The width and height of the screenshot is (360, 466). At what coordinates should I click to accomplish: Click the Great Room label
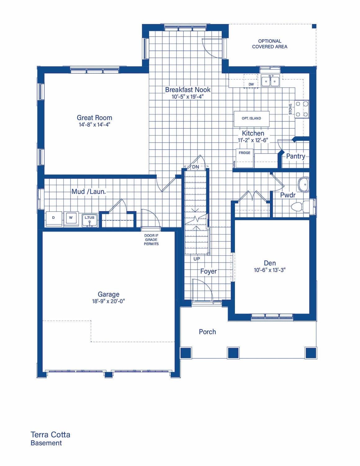pos(94,117)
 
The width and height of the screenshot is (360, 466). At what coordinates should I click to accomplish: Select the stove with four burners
pos(302,109)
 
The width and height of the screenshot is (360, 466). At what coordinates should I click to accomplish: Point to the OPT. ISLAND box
pos(251,119)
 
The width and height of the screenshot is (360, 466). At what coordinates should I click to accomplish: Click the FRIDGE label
pos(244,153)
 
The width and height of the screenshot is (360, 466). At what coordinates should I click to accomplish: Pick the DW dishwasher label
pos(251,84)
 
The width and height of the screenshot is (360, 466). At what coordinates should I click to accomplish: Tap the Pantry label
pos(295,156)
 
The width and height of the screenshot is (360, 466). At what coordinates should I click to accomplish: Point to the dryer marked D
pos(54,219)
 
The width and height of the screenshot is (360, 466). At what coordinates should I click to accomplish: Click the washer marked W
pos(71,219)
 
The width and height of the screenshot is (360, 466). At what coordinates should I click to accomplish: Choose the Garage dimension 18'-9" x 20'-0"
pos(108,301)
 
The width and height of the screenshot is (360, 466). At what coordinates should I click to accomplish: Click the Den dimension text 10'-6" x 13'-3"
pos(270,270)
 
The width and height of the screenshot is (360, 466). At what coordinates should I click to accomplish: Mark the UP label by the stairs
pos(196,259)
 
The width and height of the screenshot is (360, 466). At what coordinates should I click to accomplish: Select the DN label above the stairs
pos(196,167)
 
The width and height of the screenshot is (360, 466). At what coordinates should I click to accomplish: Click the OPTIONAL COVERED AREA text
pos(270,44)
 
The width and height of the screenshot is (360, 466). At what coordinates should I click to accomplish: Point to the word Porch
pos(207,332)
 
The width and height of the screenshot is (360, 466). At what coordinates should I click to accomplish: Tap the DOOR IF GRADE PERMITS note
pos(151,240)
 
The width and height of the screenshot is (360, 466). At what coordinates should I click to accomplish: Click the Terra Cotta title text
pos(51,435)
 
